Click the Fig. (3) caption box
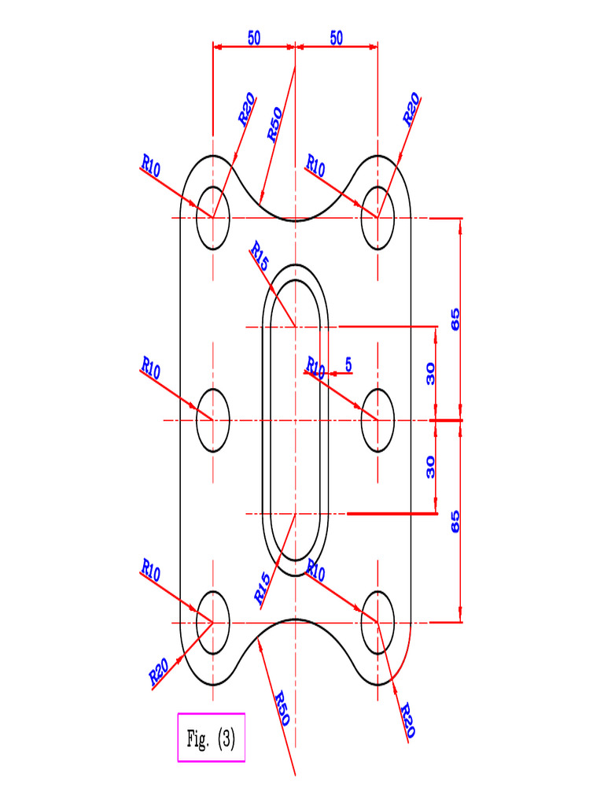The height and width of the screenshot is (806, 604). pos(211,738)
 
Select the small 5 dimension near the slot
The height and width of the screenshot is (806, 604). pos(348,364)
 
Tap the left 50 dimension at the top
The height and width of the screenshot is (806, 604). pos(254,39)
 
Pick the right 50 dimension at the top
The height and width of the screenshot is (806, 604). pos(337,39)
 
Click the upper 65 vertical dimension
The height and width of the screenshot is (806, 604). pos(455,319)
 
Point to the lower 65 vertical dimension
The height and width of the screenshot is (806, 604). pos(455,521)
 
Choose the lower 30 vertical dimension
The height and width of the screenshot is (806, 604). pos(430,468)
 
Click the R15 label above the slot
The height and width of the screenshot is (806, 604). pos(260,257)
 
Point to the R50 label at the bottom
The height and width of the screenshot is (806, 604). pos(281,708)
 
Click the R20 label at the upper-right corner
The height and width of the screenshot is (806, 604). pos(411,109)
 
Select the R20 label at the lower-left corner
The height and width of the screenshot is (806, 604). pos(159,671)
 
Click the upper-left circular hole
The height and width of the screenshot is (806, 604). pos(212,218)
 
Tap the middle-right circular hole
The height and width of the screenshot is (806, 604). pos(377,420)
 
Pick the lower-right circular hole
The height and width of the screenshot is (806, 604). pos(377,622)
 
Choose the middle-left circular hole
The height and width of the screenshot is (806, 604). pos(212,420)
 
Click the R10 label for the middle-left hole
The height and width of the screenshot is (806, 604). pos(151,368)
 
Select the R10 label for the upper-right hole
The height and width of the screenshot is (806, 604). pos(315,166)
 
